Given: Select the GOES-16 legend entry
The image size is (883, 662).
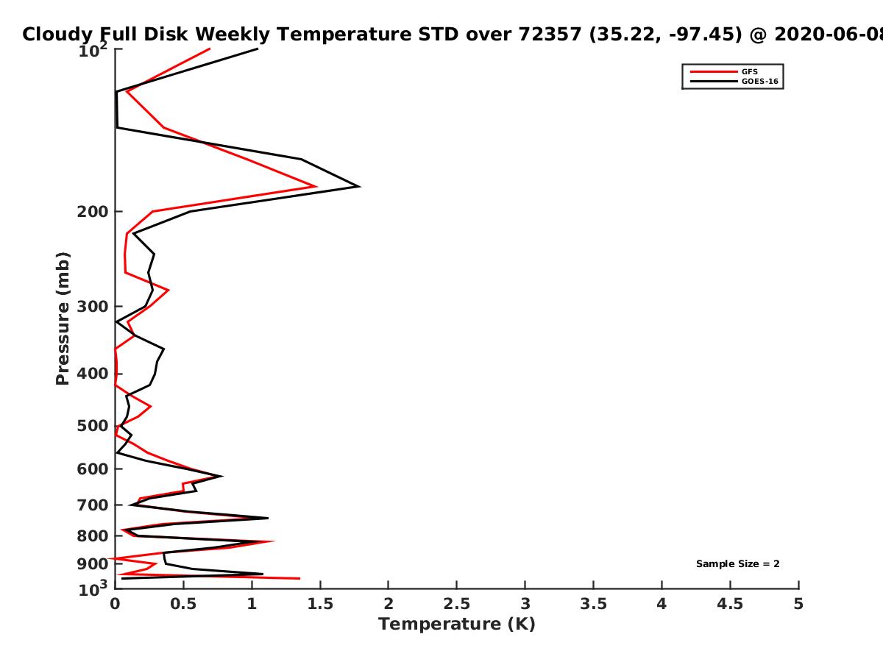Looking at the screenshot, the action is point(734,81).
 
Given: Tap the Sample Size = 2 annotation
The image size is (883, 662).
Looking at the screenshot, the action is point(738,564).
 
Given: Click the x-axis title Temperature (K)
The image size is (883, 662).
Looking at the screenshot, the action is point(457,624).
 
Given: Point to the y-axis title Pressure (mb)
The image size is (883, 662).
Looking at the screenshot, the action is point(63,318).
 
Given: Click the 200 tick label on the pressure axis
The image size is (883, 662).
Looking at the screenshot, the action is point(93,212).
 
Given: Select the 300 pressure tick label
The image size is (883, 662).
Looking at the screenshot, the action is point(93,307).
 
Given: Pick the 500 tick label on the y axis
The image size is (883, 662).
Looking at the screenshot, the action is point(93,426).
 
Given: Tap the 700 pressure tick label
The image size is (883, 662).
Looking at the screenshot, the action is point(93,505).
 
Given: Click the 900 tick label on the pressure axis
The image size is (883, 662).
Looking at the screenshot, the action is point(93,564).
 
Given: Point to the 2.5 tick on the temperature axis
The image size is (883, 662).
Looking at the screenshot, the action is point(457,604).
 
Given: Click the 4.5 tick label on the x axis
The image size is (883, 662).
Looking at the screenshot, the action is point(730,604).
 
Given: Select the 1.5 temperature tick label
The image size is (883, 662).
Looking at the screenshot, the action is point(320,604).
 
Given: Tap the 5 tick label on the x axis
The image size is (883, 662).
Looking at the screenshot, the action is point(798,604).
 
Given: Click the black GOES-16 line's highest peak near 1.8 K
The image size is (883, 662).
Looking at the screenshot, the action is point(359,187).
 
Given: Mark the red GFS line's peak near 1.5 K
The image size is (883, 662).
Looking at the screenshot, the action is point(316,187).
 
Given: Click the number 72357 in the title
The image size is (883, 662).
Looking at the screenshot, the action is point(550,35).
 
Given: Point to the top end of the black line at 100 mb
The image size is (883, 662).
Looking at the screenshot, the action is point(258,49).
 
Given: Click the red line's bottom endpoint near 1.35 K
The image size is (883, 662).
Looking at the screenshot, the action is point(299,578).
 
